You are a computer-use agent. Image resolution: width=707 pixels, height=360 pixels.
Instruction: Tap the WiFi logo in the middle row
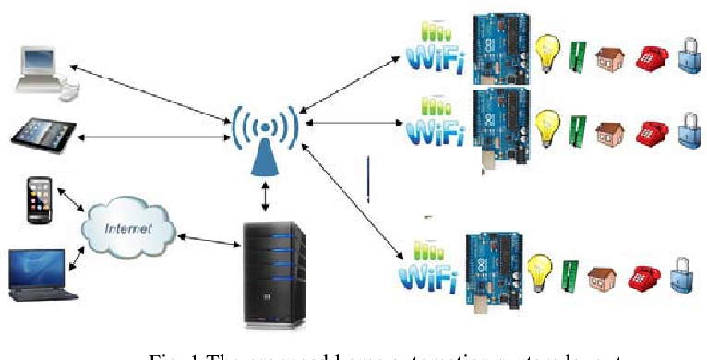(435, 124)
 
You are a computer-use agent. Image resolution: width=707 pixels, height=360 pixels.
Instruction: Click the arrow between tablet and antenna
(152, 138)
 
